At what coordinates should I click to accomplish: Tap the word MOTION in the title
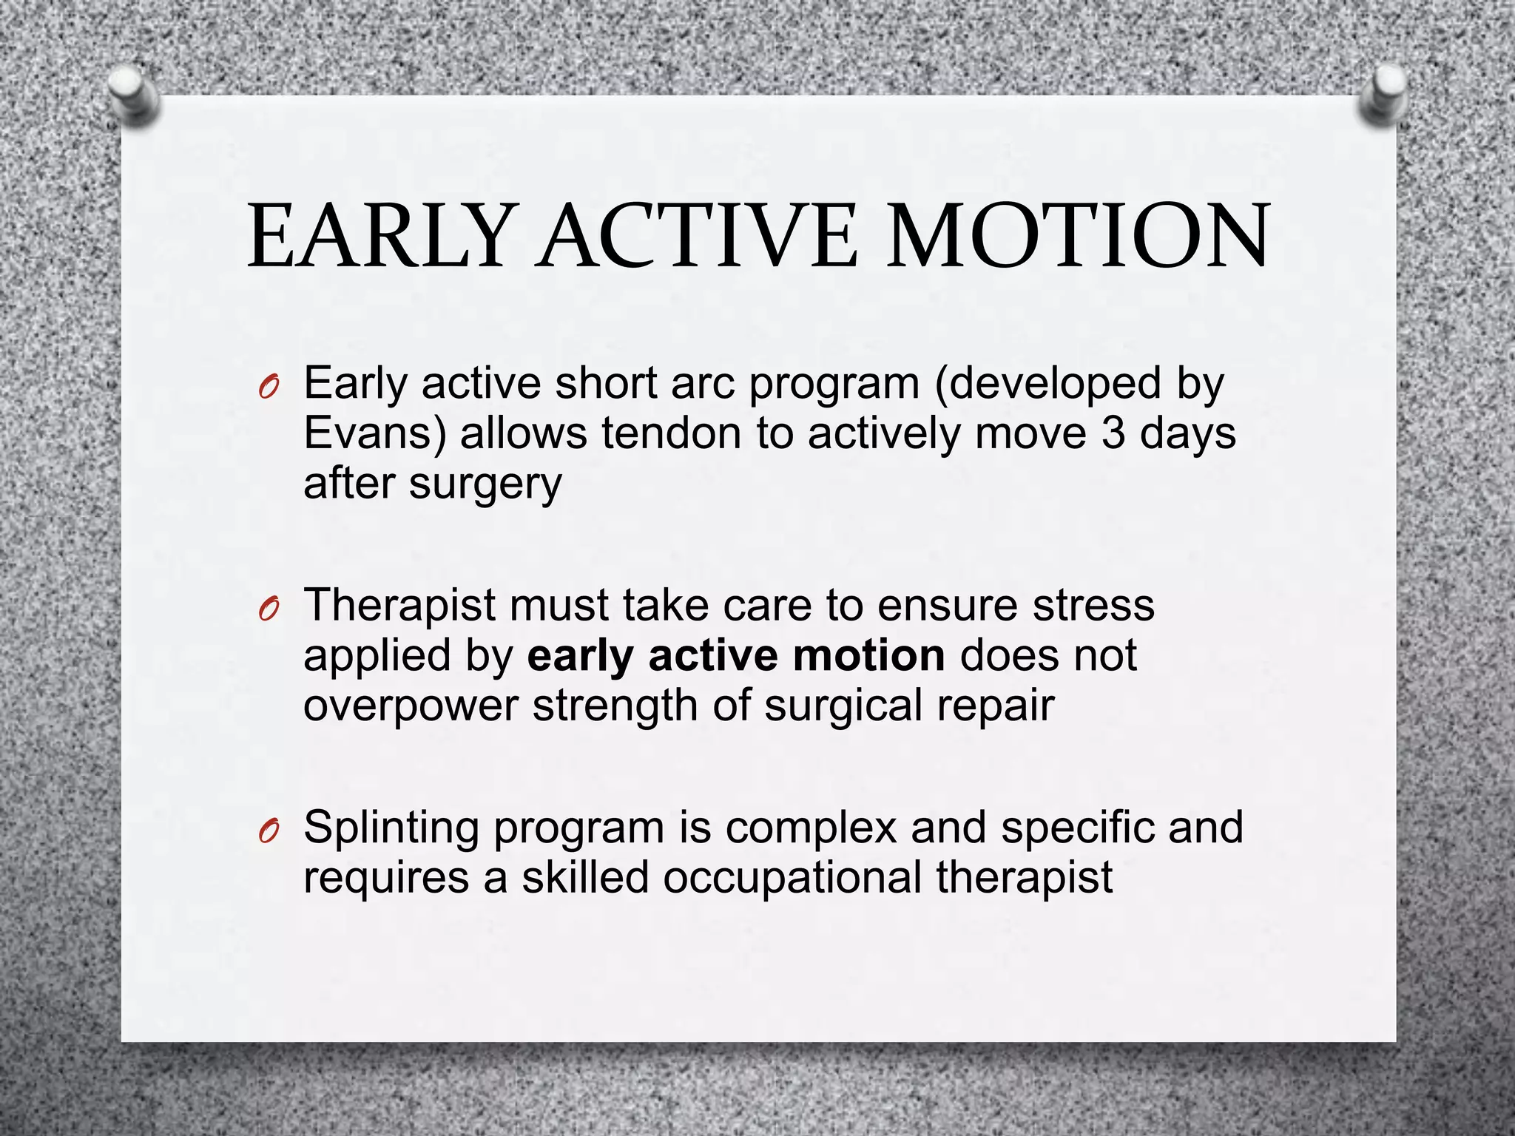click(1078, 237)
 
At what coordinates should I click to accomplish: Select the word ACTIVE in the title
click(698, 237)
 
